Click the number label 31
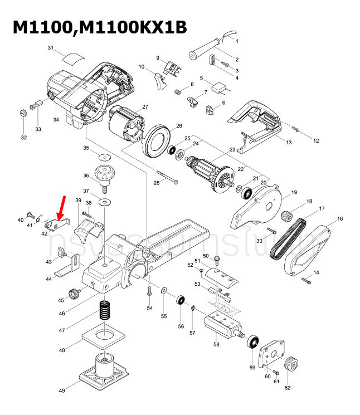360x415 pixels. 50,48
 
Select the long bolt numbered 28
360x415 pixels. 168,177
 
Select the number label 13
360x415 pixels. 289,143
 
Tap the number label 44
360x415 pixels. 49,279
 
